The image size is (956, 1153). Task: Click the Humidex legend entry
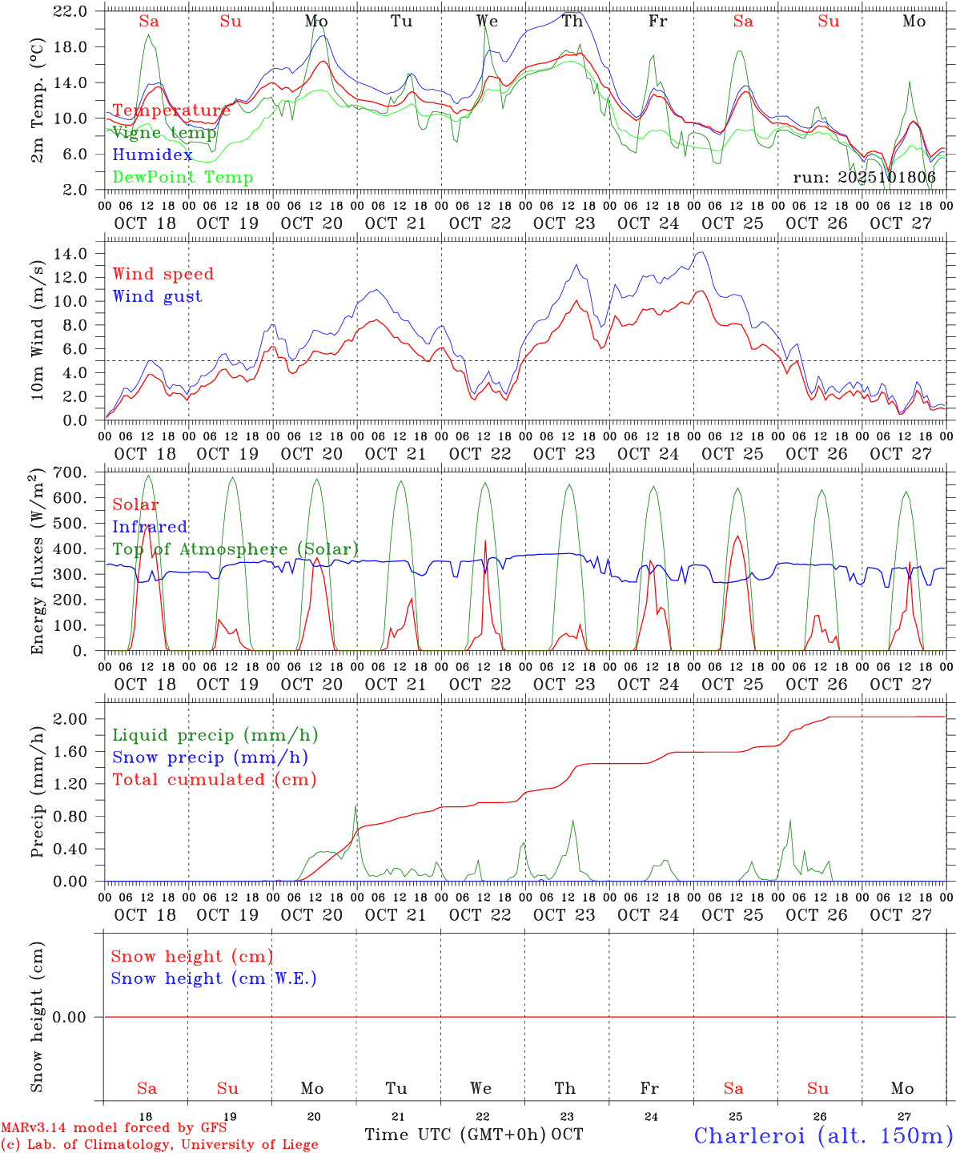coord(152,155)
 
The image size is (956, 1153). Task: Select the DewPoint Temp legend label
coord(183,178)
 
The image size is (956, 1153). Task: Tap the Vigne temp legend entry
coord(164,133)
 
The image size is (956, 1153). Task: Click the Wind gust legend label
coord(157,296)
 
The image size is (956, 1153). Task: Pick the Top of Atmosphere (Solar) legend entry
coord(235,549)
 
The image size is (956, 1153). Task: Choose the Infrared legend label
coord(150,527)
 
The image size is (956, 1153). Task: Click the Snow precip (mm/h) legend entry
coord(210,757)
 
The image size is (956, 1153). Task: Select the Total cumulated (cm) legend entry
coord(214,780)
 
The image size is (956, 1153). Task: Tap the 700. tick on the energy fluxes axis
coord(70,472)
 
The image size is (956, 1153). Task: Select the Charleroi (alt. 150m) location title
coord(823,1135)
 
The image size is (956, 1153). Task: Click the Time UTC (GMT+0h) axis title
coord(456,1135)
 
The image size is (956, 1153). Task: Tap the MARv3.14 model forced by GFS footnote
coord(114,1127)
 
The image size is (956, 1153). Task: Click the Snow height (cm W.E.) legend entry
coord(214,978)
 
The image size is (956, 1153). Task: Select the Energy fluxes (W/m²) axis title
coord(38,563)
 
